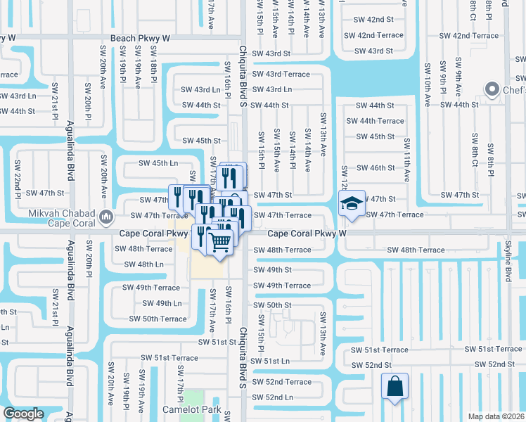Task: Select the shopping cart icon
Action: click(220, 243)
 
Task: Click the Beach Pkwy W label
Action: click(140, 38)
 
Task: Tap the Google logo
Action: click(24, 414)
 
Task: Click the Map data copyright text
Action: click(496, 416)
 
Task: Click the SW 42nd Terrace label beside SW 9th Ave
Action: click(468, 35)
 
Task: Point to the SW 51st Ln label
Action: click(271, 361)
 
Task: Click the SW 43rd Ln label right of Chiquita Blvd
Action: click(272, 89)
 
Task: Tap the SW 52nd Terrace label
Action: click(281, 382)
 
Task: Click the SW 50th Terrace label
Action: click(158, 319)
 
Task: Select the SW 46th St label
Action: click(375, 168)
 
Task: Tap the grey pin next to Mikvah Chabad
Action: click(105, 215)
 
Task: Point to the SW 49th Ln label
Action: click(162, 303)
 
